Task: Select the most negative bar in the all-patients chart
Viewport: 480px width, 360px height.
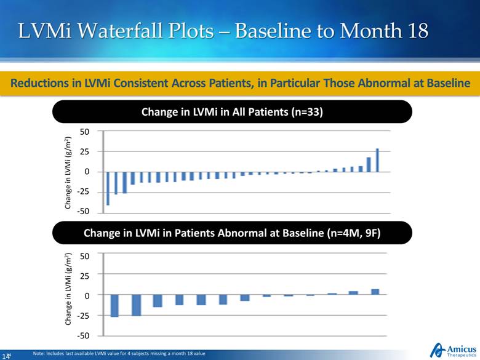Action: [108, 188]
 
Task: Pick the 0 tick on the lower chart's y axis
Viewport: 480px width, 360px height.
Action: [87, 295]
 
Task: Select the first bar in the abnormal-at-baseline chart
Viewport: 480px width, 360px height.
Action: [114, 306]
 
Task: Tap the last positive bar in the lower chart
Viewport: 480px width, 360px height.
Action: [375, 292]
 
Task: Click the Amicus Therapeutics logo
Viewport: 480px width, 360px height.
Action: [454, 349]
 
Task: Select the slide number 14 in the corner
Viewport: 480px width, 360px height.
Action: [8, 355]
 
